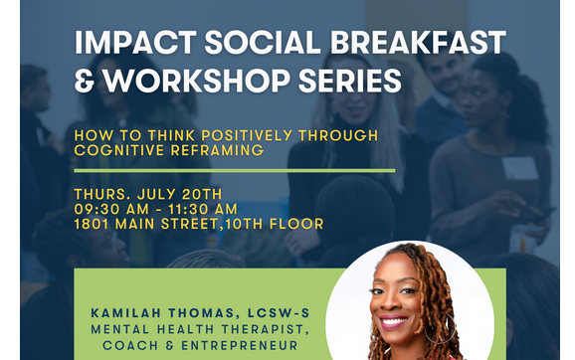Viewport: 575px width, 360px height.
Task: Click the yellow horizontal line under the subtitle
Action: coord(234,170)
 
